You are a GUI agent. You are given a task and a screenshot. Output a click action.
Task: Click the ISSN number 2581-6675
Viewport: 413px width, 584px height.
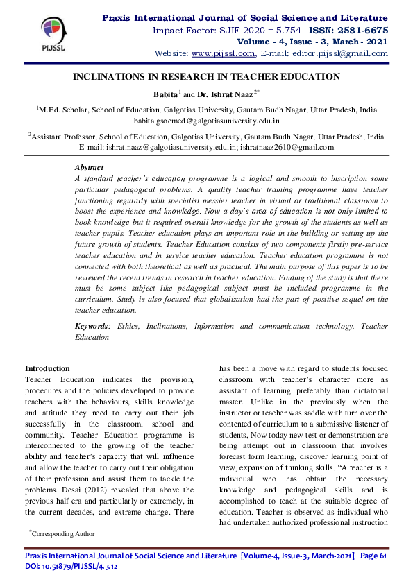(x=362, y=31)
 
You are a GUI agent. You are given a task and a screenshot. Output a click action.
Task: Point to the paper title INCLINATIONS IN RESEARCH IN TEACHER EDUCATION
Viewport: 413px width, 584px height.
(x=207, y=76)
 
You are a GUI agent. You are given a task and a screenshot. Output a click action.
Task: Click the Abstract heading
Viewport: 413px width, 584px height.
(x=88, y=167)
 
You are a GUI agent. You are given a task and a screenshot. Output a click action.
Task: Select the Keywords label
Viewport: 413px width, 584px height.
(x=92, y=326)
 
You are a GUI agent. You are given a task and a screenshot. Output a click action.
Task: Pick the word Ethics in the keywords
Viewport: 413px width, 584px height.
(x=127, y=326)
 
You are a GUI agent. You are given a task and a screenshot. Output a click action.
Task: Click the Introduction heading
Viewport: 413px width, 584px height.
(x=47, y=368)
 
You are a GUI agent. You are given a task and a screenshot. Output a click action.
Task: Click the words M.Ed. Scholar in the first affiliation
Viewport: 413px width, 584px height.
(x=67, y=110)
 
